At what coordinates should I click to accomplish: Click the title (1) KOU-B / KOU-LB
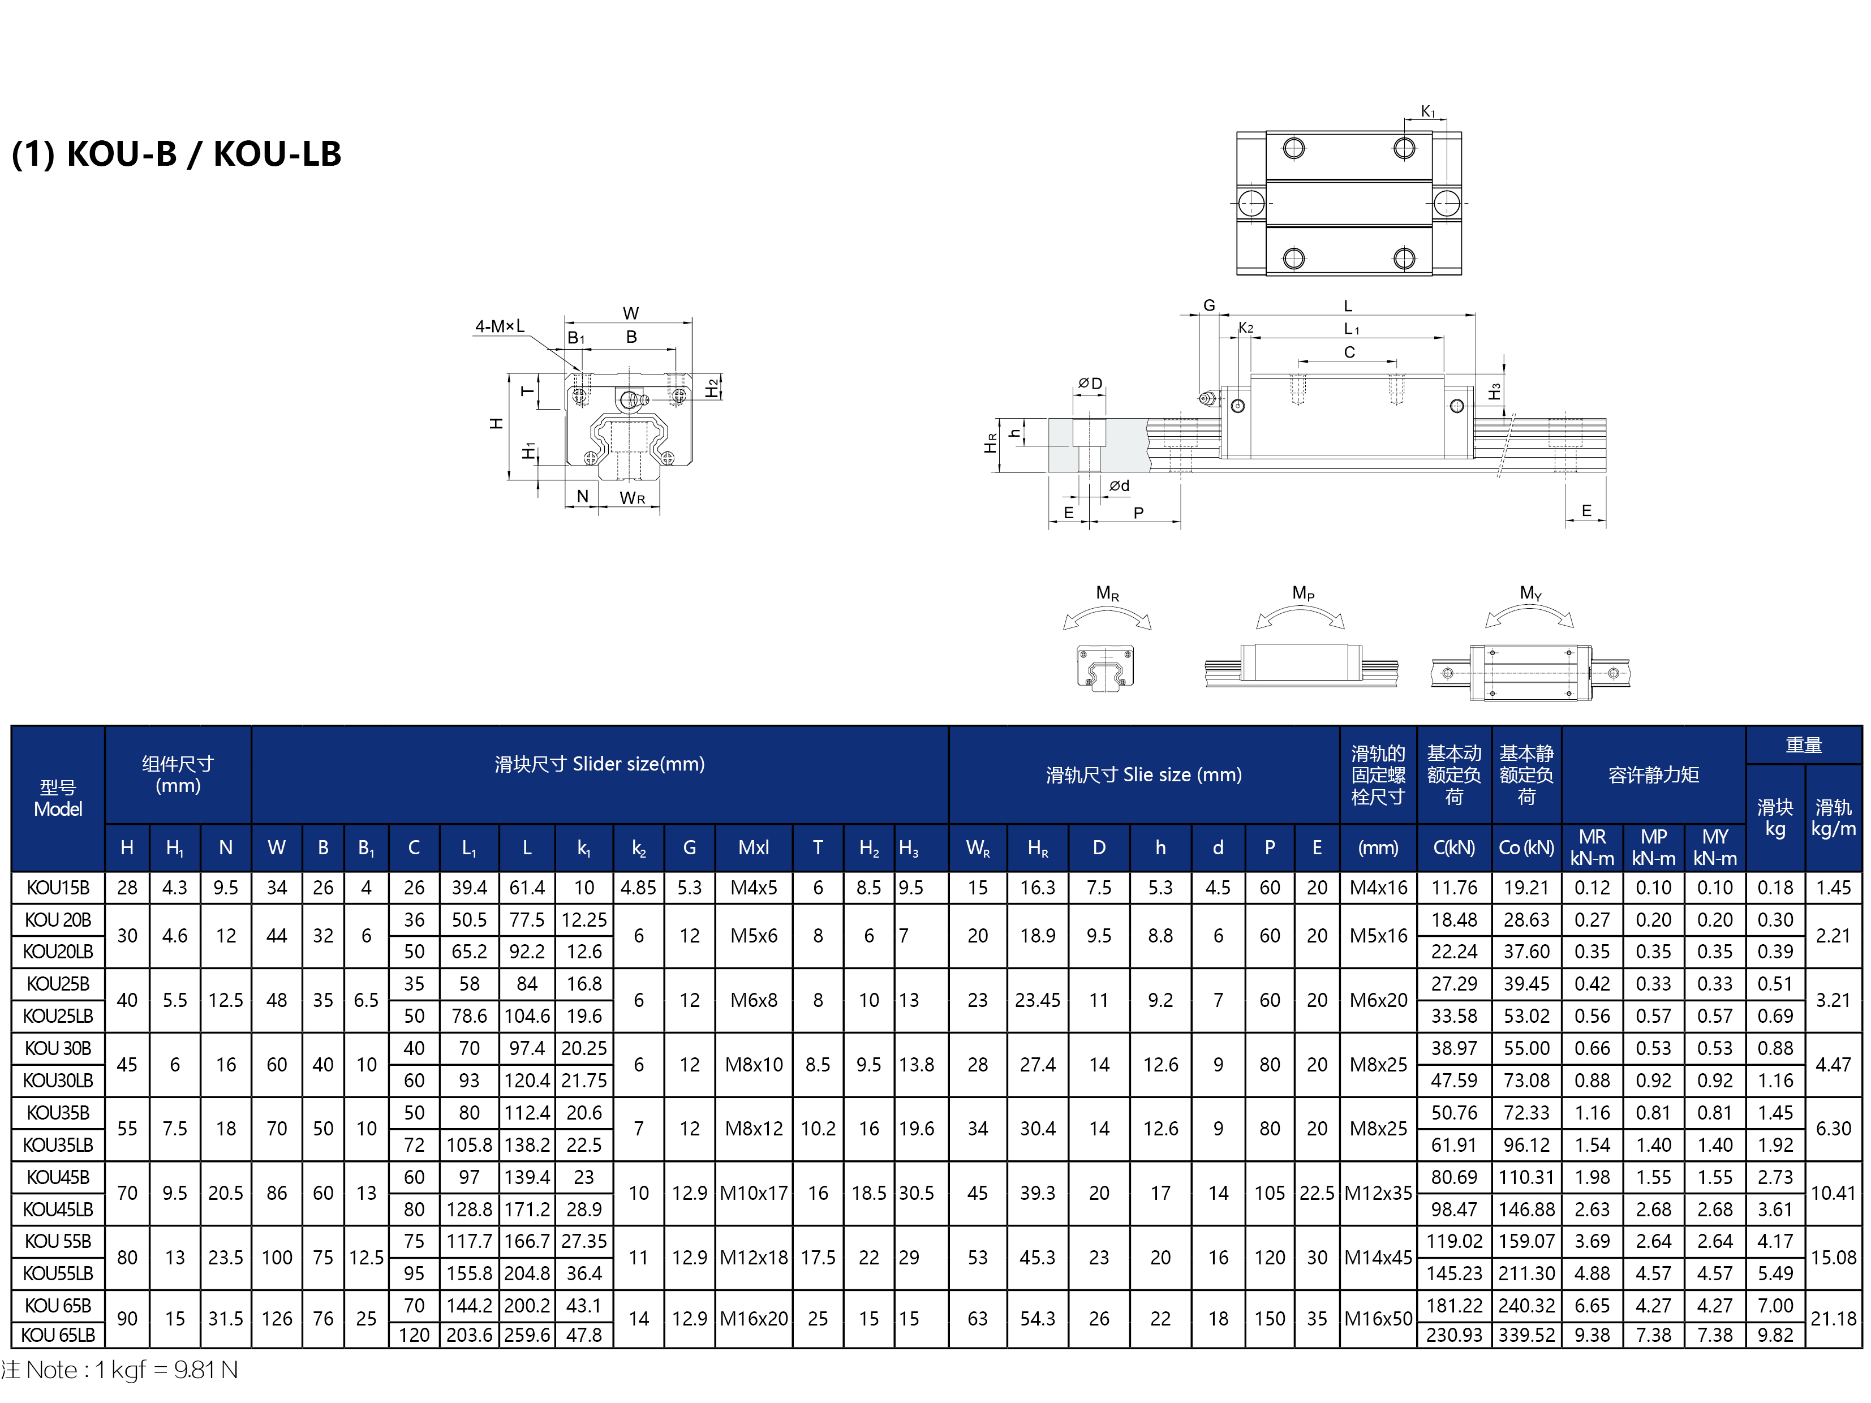[x=176, y=154]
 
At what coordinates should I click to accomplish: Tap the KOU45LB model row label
[x=58, y=1210]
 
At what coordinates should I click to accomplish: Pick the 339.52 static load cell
[x=1526, y=1335]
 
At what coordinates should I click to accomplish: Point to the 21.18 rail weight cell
[x=1833, y=1319]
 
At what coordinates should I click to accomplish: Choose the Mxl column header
[x=753, y=847]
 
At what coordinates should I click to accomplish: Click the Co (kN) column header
[x=1526, y=847]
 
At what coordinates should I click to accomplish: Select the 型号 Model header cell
[x=58, y=798]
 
